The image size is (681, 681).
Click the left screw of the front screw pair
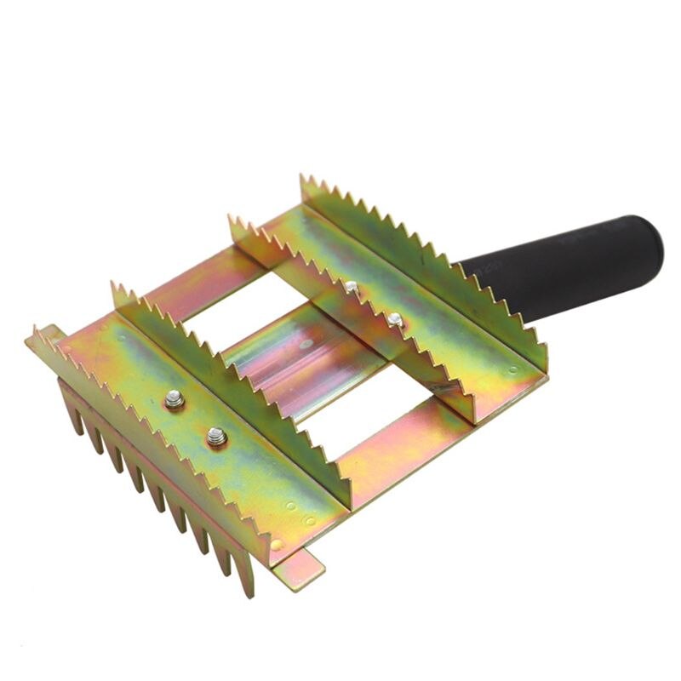175,398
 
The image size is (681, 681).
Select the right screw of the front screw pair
216,437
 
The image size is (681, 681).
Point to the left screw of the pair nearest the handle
351,289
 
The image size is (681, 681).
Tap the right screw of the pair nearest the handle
394,320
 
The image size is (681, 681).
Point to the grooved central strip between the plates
298,358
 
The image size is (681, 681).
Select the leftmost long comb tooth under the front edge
72,409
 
